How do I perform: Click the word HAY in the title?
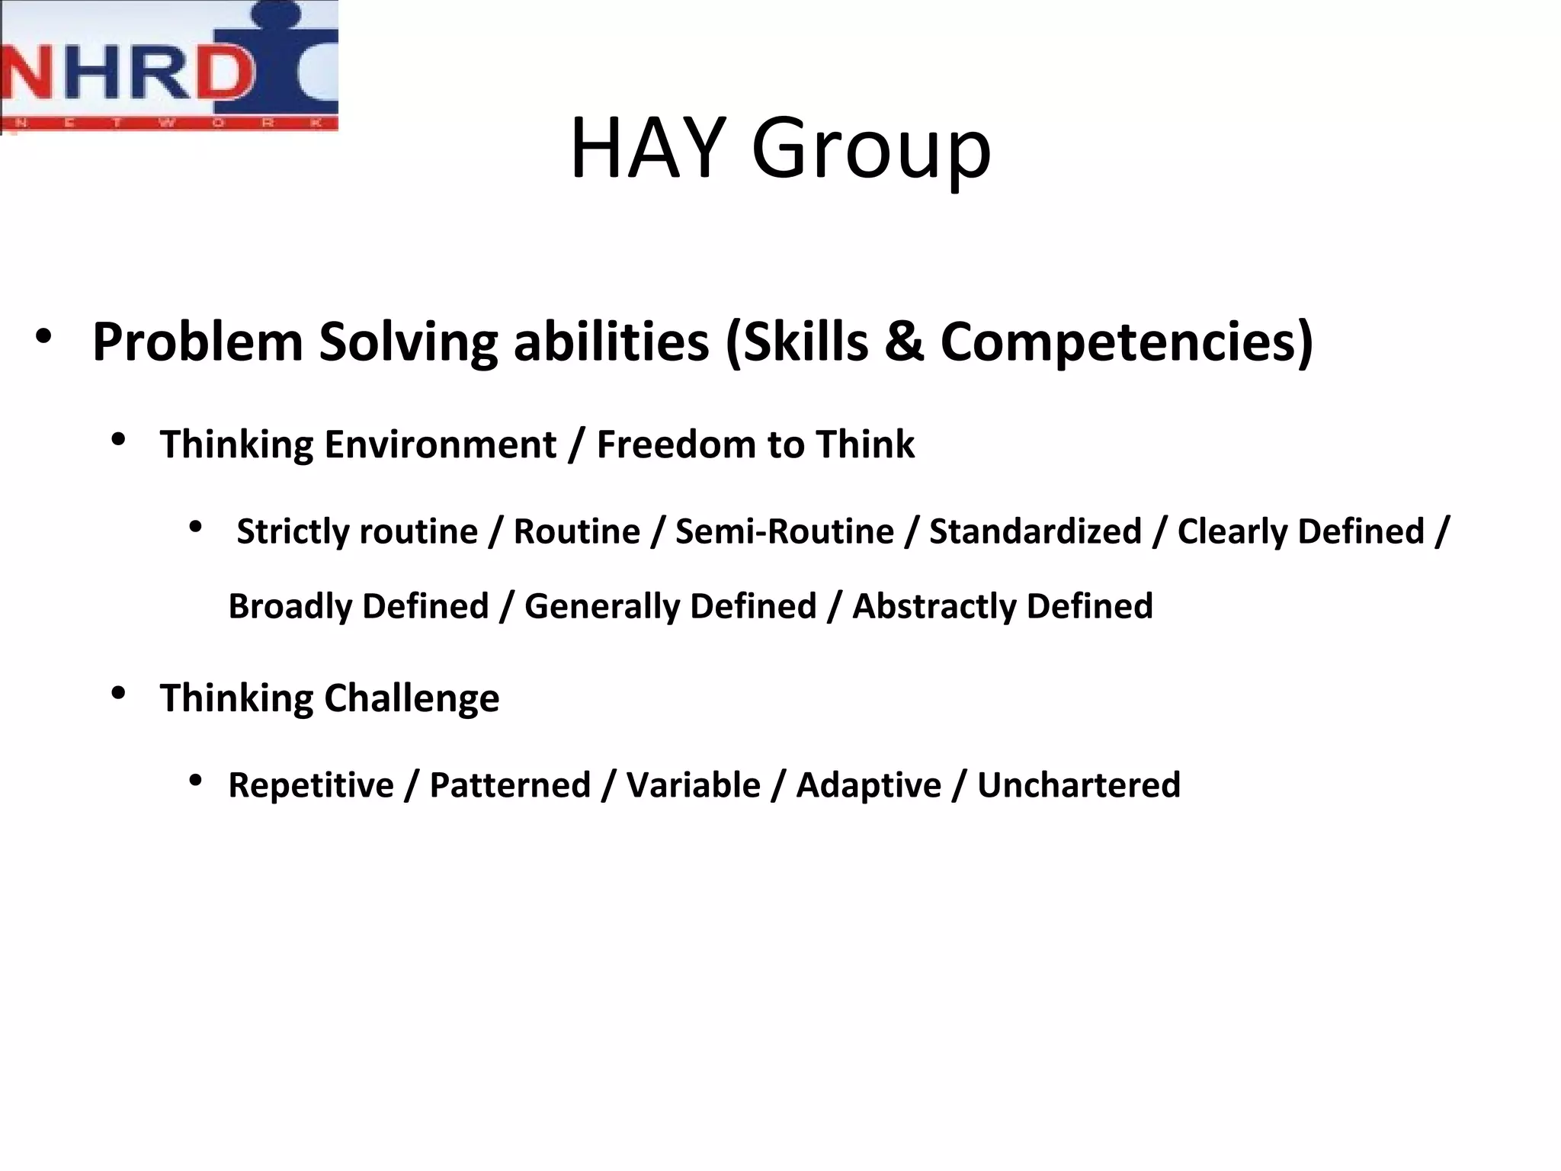[x=648, y=148]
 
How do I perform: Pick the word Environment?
[x=440, y=444]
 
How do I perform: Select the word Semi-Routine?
[x=784, y=531]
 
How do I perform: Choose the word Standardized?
[x=1035, y=531]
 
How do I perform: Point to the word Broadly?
[x=292, y=607]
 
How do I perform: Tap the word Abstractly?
[x=933, y=607]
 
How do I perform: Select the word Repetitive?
[x=311, y=785]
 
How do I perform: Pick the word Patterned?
[x=510, y=785]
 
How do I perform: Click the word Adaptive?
[x=868, y=785]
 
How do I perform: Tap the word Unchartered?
[x=1079, y=785]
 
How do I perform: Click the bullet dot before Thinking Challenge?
[x=118, y=694]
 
